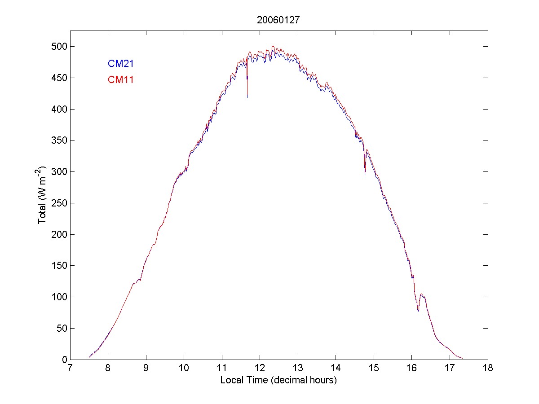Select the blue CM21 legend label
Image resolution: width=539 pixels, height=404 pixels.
[120, 64]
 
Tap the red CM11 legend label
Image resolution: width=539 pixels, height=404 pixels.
[120, 80]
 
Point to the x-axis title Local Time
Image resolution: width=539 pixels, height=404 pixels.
[278, 380]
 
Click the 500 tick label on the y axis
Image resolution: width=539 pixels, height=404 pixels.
[58, 47]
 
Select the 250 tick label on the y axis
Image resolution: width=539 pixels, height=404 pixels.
[58, 203]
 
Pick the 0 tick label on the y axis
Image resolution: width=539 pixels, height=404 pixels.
[63, 360]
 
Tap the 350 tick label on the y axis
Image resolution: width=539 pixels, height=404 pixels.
[58, 141]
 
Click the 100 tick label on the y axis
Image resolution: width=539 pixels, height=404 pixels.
[58, 297]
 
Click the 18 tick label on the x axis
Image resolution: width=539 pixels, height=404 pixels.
[488, 369]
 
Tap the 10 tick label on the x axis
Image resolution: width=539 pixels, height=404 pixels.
[184, 369]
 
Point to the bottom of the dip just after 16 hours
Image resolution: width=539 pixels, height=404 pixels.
[418, 310]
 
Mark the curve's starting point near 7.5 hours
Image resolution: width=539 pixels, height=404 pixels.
[89, 357]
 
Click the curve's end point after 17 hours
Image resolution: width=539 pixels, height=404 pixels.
[462, 358]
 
